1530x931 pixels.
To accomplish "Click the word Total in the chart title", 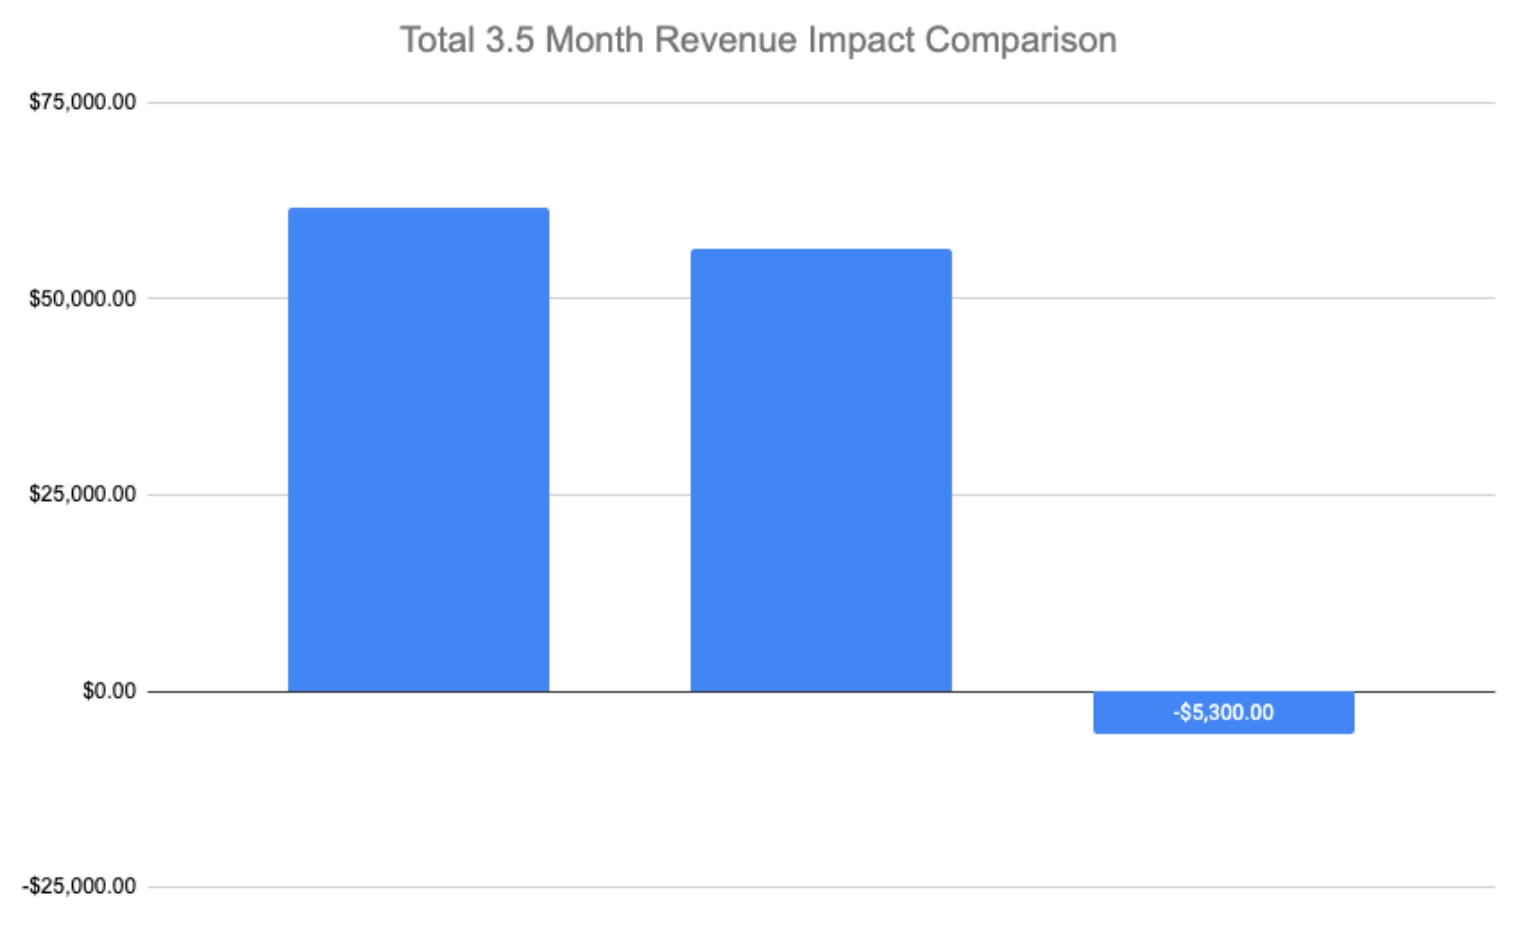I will click(437, 41).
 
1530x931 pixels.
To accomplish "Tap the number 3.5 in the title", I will click(509, 41).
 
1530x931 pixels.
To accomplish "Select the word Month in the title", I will click(594, 41).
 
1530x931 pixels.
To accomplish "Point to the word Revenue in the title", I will click(725, 41).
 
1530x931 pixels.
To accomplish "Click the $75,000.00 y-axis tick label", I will click(82, 102).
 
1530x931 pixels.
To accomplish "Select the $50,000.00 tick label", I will click(82, 299).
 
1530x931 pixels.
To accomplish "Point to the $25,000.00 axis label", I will click(82, 494).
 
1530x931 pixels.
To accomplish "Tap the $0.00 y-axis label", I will click(109, 690).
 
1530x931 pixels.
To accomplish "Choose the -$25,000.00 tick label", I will click(79, 886).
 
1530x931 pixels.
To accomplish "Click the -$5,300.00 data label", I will click(1223, 713).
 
